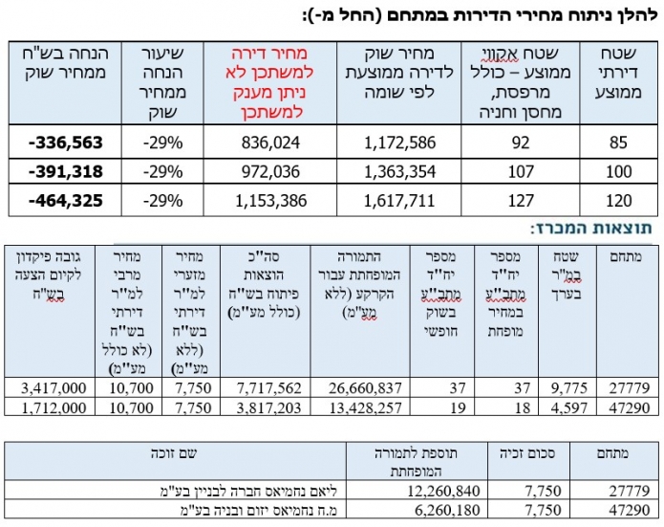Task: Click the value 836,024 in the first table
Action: tap(272, 143)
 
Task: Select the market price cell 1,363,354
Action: tap(401, 172)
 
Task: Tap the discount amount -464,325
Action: tap(64, 203)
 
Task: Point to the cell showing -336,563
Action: tap(64, 143)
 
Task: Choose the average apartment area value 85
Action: tap(619, 143)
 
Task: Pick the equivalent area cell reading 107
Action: tap(523, 172)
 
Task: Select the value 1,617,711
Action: tap(401, 203)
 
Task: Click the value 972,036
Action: tap(272, 172)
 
